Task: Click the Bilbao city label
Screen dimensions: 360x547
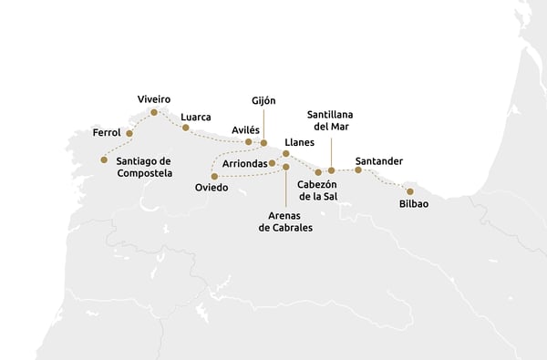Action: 414,204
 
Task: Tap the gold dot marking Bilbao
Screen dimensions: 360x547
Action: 410,191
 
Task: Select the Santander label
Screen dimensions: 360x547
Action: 379,161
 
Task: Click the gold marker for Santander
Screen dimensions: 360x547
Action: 358,170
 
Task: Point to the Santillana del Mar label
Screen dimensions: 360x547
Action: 330,120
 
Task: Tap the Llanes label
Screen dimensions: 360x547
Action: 300,143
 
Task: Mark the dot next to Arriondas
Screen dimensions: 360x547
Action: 273,163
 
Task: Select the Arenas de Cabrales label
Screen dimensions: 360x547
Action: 284,221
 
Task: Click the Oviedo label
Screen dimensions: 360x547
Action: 212,188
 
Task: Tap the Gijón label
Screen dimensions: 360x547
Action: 263,100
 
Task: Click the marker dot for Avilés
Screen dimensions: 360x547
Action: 248,141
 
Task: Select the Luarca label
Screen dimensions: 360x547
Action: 196,117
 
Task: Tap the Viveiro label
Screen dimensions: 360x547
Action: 153,98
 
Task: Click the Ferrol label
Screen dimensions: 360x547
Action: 107,133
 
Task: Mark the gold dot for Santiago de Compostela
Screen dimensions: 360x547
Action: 104,159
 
